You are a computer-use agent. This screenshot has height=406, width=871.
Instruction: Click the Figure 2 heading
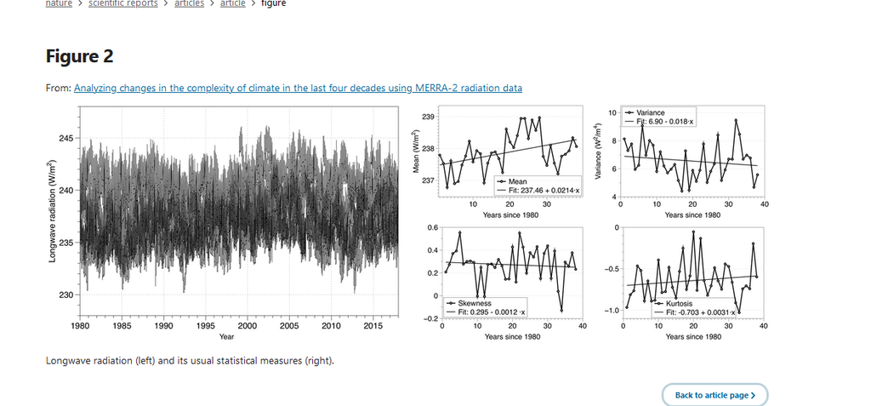[x=79, y=56]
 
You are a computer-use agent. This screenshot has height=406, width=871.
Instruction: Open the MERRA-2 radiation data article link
[x=298, y=88]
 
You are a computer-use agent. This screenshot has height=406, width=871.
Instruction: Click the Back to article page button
[x=714, y=395]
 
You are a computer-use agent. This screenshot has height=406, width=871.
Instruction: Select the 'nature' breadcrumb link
[x=58, y=3]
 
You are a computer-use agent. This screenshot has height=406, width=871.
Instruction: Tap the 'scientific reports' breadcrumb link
[x=122, y=3]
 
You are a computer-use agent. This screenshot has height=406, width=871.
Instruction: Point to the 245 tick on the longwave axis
[x=65, y=138]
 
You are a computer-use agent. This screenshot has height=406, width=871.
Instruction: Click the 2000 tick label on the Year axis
[x=248, y=326]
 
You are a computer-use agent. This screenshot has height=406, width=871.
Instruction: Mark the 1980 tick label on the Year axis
[x=80, y=326]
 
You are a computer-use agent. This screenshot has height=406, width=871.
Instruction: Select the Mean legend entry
[x=518, y=181]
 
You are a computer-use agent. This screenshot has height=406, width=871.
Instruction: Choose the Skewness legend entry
[x=475, y=304]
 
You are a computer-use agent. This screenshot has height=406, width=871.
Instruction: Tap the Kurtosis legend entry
[x=678, y=304]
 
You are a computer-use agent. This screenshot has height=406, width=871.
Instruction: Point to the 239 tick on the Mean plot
[x=429, y=116]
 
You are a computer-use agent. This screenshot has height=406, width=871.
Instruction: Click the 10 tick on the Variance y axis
[x=613, y=112]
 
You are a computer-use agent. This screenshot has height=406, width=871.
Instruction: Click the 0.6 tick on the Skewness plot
[x=432, y=227]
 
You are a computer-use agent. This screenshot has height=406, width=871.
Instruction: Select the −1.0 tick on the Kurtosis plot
[x=610, y=311]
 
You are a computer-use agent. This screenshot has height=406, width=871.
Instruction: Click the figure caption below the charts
[x=190, y=360]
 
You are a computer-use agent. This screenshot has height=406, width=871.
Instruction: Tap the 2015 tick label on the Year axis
[x=373, y=326]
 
